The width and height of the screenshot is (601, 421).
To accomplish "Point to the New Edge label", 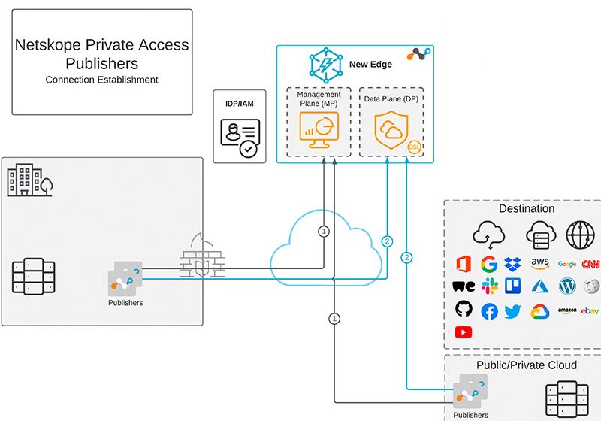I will point(370,65).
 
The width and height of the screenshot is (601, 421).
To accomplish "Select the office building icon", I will point(29,181).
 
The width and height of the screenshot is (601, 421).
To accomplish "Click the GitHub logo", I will point(464,310).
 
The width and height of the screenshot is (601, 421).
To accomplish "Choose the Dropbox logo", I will point(514,264).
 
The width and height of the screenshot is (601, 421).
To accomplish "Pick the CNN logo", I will point(590,264).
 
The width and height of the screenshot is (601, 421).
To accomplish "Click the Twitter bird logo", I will point(514,311).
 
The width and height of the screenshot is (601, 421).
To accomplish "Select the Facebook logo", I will point(489,311).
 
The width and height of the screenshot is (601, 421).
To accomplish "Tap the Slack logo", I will point(489,286).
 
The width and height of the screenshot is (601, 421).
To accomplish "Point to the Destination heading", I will point(527,209).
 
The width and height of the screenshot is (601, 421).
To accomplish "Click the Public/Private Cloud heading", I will point(527,365).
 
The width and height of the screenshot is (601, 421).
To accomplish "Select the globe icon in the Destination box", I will point(579,234).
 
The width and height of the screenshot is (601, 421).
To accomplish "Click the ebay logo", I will point(590,311).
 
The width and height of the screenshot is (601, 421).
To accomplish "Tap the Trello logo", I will point(514,286).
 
